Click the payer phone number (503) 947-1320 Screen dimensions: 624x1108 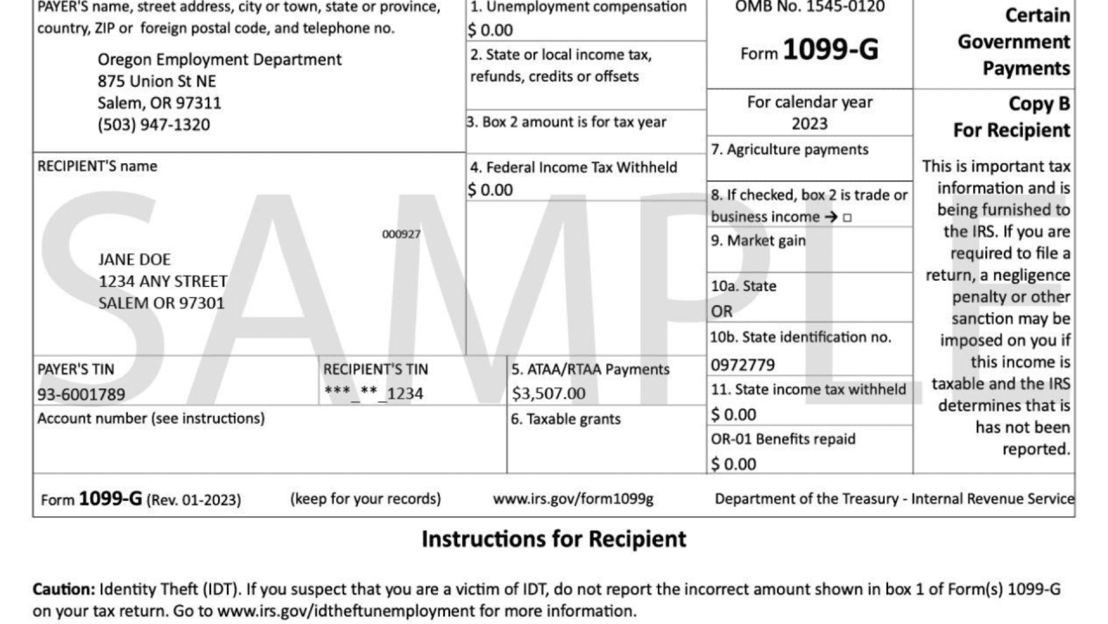coord(154,125)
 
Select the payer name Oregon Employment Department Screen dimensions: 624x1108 coord(220,60)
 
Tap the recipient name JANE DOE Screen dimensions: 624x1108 coord(135,259)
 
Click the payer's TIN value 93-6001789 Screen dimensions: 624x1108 coord(81,394)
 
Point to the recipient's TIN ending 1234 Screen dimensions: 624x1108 coord(374,393)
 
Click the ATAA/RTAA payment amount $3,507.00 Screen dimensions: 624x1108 coord(549,393)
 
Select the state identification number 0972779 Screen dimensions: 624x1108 coord(743,365)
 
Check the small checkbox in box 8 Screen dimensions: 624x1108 coord(847,218)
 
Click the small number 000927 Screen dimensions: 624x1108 coord(402,234)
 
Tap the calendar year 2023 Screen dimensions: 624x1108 coord(809,123)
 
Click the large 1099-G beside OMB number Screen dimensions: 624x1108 coord(830,51)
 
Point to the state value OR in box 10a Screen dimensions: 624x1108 coord(722,310)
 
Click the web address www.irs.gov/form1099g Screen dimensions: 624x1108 coord(573,499)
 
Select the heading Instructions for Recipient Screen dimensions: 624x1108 coord(554,539)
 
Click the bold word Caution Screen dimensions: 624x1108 coord(64,589)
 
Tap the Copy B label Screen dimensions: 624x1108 coord(1040,104)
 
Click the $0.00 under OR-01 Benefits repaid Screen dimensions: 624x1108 coord(733,464)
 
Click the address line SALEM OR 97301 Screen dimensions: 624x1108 coord(162,303)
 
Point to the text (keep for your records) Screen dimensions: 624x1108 coord(365,499)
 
